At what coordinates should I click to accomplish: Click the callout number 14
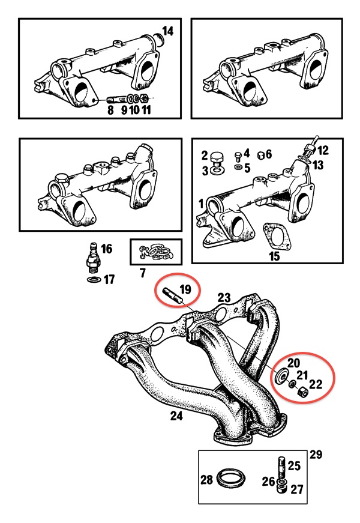point(167,31)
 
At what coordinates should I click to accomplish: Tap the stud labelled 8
point(115,100)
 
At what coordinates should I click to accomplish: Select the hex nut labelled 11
point(145,98)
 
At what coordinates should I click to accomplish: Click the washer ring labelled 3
point(217,170)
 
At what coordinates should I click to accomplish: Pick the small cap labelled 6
point(262,155)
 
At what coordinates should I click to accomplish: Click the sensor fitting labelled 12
point(311,147)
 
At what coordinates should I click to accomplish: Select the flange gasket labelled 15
point(276,237)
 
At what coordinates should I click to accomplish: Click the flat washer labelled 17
point(94,279)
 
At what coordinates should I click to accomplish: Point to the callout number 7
point(143,273)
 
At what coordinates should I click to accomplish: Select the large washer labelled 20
point(281,376)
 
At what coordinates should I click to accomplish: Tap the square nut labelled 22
point(302,393)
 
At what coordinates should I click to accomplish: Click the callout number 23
point(224,297)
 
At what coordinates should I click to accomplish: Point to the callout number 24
point(176,416)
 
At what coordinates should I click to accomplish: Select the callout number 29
point(316,455)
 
